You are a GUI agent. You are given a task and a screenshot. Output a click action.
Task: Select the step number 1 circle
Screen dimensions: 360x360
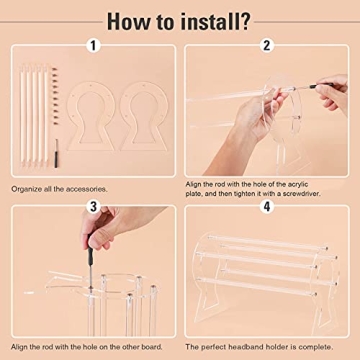coord(91,46)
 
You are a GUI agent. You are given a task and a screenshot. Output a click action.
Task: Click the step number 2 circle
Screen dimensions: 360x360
coord(267,46)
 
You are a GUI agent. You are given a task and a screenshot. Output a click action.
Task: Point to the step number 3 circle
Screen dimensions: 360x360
coord(91,207)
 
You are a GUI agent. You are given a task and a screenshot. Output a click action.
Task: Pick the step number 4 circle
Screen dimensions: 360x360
coord(267,207)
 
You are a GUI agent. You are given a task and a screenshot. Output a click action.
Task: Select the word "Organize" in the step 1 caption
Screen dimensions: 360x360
coord(27,187)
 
